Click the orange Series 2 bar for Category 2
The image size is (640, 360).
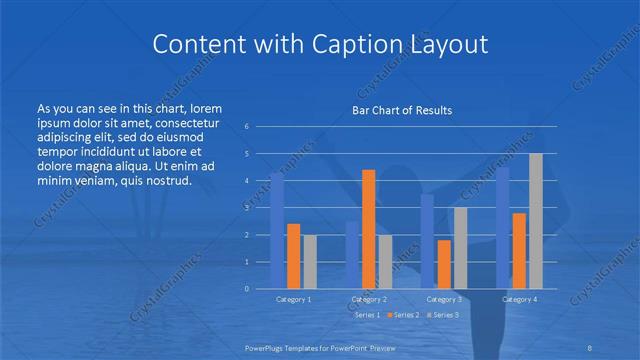point(368,229)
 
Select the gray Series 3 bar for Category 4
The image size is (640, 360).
point(536,221)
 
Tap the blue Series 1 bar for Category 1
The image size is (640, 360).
point(277,230)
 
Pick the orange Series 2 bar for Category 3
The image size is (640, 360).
point(444,264)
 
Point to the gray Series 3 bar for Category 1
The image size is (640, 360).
point(309,261)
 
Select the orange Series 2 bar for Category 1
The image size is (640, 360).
point(293,256)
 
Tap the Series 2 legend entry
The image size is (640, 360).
point(403,315)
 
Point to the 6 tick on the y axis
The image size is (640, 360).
point(246,127)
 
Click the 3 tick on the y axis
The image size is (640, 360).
point(246,208)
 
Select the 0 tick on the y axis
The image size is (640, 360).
point(246,289)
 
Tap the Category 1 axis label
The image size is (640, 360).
point(293,300)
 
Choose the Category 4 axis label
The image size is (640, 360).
point(520,300)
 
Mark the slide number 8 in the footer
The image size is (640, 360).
point(589,345)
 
